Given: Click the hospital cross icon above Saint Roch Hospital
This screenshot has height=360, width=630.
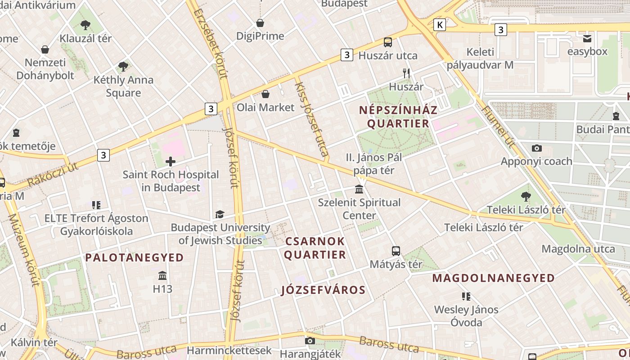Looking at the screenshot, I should [x=171, y=161].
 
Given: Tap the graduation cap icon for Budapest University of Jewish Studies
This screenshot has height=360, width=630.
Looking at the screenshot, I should [x=220, y=214].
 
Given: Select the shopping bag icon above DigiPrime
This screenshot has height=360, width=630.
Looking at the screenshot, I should [x=260, y=22].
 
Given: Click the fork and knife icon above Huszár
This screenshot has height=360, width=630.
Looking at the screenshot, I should [x=406, y=73].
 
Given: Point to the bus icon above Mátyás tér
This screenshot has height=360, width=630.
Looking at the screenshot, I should [x=396, y=251].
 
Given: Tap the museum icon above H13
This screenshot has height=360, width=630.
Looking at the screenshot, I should [x=162, y=275].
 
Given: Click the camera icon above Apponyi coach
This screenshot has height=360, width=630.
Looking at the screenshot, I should [x=536, y=148].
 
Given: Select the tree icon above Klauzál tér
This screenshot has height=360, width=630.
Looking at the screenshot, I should [x=85, y=25].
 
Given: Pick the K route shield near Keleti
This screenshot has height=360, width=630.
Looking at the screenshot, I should [x=439, y=25].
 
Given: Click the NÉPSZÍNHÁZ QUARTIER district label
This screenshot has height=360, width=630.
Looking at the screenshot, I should [x=398, y=117].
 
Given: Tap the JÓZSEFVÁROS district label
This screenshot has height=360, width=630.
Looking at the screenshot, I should [x=323, y=290].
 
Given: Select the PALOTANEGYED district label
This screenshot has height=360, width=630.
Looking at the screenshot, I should [x=135, y=257].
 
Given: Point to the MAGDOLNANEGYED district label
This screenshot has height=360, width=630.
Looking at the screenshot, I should [x=494, y=278].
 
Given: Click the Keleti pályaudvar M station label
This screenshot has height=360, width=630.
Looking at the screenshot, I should [x=480, y=58].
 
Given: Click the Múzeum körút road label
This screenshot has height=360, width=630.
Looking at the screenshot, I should [x=24, y=250].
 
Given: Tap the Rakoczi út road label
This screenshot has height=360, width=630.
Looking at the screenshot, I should [x=52, y=175].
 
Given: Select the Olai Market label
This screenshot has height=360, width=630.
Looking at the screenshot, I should [x=265, y=107].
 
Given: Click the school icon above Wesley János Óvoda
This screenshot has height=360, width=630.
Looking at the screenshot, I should [x=466, y=296].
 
